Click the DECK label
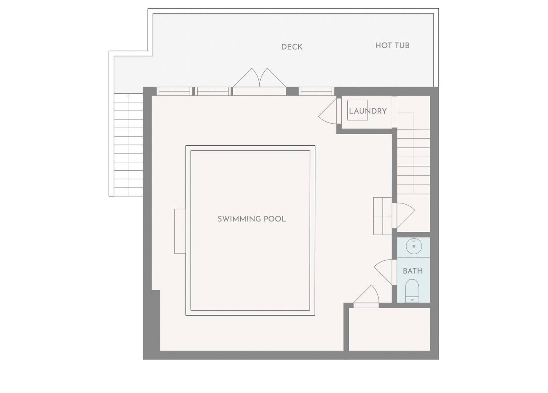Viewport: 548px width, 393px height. tap(292, 47)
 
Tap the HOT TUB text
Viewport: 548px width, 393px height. tap(392, 45)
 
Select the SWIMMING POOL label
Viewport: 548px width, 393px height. tap(252, 219)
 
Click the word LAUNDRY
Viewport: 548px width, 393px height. tap(368, 111)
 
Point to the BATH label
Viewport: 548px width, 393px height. tap(413, 271)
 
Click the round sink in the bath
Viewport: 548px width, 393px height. tap(414, 246)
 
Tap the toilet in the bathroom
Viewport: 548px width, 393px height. tap(412, 291)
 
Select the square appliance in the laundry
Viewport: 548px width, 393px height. tap(357, 110)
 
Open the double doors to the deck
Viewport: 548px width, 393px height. tap(259, 78)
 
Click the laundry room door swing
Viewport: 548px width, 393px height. tap(327, 111)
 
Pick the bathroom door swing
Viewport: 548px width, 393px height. tap(383, 272)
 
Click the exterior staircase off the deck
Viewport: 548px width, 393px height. tap(129, 145)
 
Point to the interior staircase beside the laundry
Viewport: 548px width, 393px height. tap(413, 162)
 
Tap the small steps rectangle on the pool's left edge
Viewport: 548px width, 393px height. tap(180, 231)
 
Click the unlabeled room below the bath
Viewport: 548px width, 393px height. tap(389, 330)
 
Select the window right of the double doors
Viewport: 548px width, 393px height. tap(316, 91)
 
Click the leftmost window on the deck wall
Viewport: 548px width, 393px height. tap(174, 91)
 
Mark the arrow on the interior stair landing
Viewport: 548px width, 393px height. tap(406, 113)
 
